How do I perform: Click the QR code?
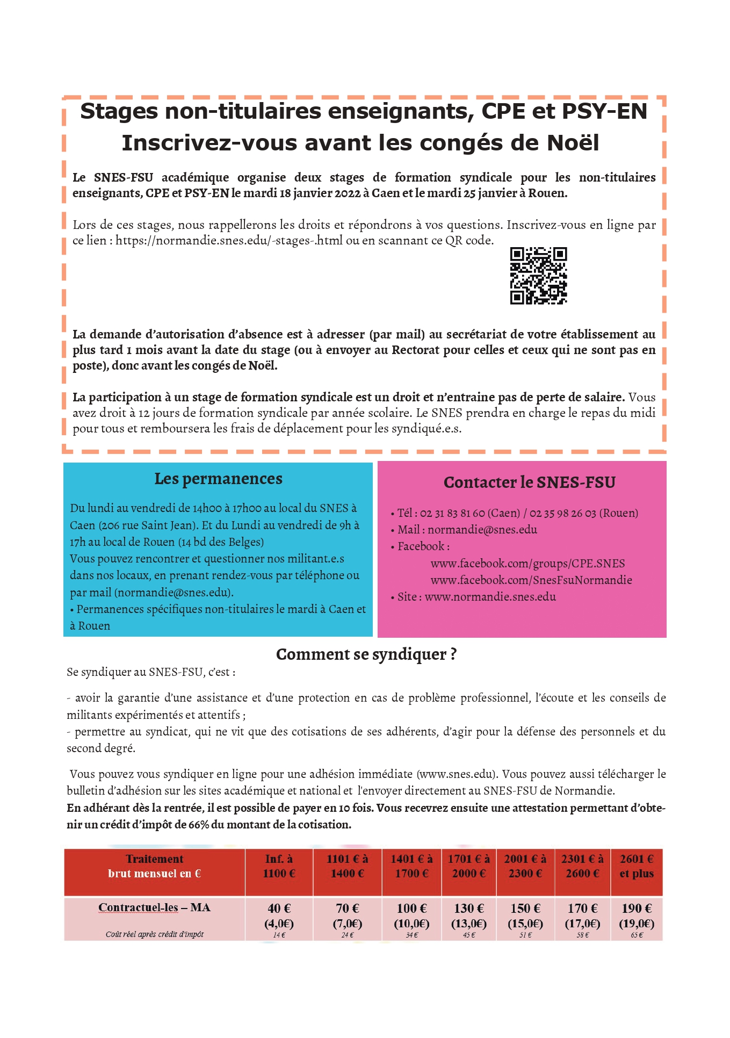538,276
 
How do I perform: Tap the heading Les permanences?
218,479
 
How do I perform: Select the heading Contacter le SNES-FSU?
529,482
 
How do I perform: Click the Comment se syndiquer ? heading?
366,654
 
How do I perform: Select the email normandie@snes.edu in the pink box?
482,530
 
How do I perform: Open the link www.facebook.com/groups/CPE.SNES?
527,564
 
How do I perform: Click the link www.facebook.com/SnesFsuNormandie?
531,580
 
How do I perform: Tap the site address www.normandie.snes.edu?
490,597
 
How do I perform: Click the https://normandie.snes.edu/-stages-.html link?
229,241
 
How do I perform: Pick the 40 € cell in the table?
279,909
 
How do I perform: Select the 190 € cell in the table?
637,909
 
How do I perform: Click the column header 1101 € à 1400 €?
347,866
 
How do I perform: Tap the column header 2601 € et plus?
637,866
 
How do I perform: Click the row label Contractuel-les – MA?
154,908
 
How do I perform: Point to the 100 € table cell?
411,909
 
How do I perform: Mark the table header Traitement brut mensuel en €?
154,866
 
